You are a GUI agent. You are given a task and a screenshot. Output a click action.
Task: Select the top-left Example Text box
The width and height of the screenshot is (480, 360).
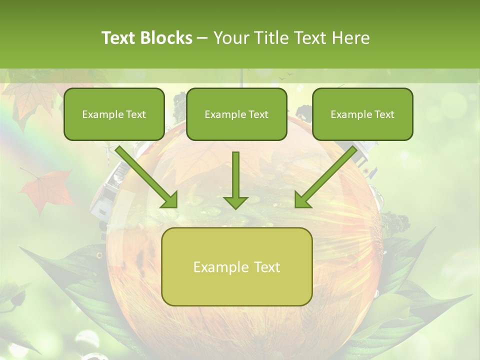coord(114,114)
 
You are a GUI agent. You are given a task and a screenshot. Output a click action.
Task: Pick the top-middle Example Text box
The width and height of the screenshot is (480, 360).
coord(236,114)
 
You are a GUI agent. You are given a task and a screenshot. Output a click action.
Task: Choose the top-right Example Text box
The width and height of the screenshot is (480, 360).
coord(362,114)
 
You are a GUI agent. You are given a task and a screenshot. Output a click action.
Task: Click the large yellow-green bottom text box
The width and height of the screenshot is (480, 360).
coord(237,267)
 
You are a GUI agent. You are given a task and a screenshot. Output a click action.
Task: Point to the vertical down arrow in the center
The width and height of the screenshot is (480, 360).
coord(235,175)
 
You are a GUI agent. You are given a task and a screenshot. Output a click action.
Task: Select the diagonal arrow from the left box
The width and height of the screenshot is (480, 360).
coord(145,175)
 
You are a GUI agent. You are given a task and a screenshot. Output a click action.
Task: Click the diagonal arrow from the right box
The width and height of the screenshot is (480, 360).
coord(327,175)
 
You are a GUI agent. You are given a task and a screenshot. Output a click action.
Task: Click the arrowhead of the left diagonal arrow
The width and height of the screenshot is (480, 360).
coord(170,200)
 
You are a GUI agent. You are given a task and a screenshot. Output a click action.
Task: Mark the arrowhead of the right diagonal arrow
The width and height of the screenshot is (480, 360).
coord(302,200)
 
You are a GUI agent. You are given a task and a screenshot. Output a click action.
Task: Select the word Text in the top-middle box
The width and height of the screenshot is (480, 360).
coord(258,114)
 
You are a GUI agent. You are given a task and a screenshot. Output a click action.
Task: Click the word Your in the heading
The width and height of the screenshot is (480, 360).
coord(230,38)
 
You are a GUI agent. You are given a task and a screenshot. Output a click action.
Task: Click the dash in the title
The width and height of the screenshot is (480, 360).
coord(202,38)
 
